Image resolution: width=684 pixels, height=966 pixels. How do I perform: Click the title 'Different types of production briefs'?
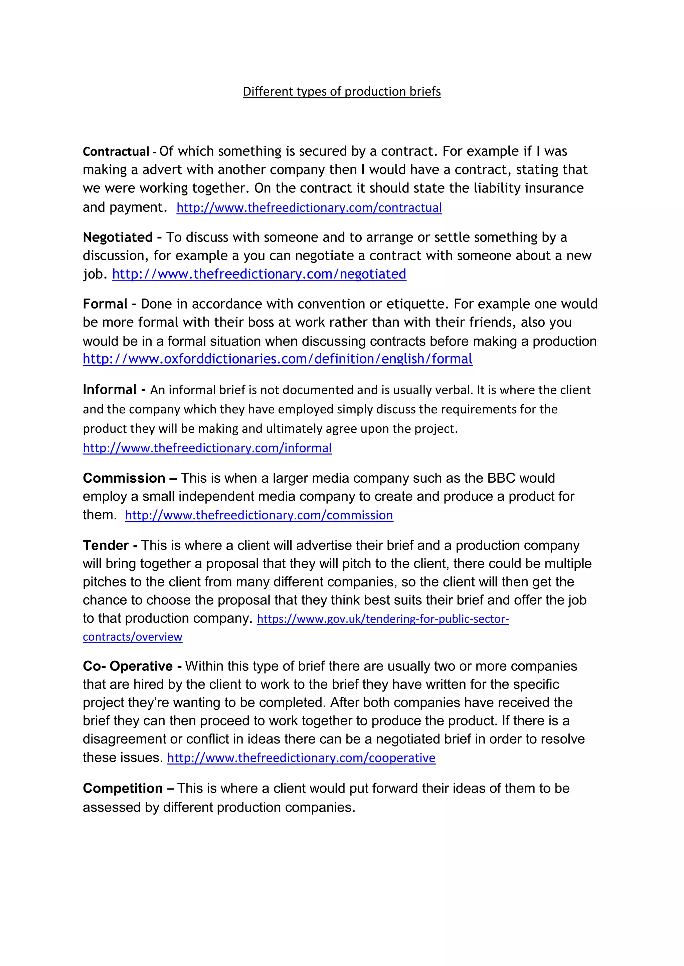(342, 91)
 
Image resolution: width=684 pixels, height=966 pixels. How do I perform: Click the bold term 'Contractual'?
(116, 151)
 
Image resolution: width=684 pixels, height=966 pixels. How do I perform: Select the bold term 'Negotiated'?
(118, 237)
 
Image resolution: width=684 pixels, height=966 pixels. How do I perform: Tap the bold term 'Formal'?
(105, 304)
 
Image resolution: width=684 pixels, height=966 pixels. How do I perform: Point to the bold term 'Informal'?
(110, 390)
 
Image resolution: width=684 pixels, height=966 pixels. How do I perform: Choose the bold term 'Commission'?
(124, 478)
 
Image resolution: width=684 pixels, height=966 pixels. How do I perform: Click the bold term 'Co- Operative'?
(128, 666)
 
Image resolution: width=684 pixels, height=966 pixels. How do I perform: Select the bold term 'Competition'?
(123, 788)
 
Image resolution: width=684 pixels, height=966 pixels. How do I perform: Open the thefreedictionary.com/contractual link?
(309, 207)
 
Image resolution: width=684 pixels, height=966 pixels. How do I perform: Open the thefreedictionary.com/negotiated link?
(259, 274)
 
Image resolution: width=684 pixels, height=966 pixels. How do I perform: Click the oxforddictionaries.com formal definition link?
(278, 359)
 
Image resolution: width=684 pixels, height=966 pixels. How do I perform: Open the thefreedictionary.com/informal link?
(207, 448)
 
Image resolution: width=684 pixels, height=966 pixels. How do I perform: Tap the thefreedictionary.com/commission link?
(259, 515)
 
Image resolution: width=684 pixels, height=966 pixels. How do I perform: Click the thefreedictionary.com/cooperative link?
(301, 758)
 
